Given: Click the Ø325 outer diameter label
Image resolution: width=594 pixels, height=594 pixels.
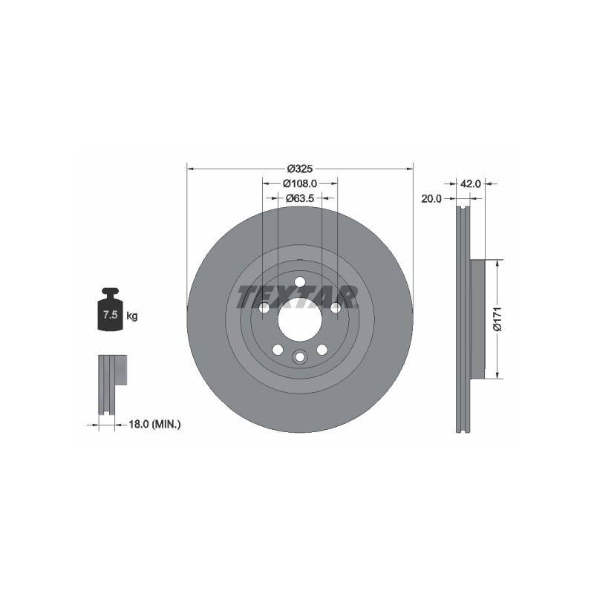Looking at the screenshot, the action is [300, 169].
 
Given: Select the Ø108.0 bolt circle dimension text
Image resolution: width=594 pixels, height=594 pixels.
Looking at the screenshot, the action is [300, 183].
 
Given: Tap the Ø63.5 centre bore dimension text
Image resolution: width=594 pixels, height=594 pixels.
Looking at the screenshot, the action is [300, 198].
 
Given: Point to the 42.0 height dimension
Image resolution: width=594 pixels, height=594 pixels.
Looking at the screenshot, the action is [470, 183].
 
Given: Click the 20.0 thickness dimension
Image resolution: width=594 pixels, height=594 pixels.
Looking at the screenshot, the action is [431, 199].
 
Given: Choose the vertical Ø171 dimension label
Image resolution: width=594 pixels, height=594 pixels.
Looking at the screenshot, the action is [497, 319].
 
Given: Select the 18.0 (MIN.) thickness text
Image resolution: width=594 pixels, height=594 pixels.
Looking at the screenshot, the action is [154, 424].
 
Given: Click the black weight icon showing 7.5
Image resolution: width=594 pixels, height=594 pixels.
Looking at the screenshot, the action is [110, 309].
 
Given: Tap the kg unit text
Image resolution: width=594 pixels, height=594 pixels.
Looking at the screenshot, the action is [132, 316].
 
